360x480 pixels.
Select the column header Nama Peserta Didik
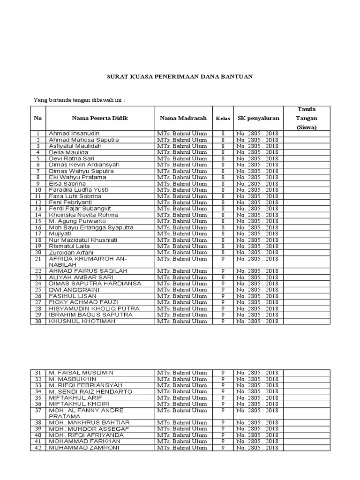click(x=100, y=118)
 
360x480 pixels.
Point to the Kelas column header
click(x=223, y=119)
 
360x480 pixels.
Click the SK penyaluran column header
click(x=258, y=118)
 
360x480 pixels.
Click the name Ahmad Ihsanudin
click(x=74, y=134)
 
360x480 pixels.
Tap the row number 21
click(x=38, y=259)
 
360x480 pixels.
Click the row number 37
click(x=38, y=410)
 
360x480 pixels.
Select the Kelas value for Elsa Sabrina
click(x=223, y=184)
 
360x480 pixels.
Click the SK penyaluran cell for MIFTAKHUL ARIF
click(x=258, y=397)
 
